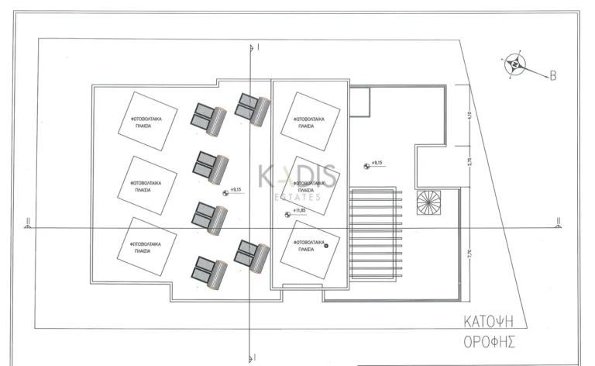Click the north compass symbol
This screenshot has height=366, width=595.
514,64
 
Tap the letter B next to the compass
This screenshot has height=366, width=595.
553,75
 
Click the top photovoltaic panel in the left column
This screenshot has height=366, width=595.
146,122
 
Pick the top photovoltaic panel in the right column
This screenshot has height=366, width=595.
309,122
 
